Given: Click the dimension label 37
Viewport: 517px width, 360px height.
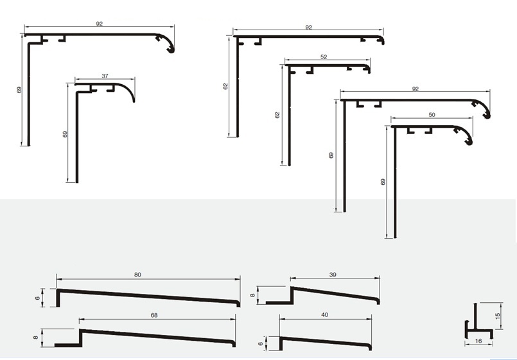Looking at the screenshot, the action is (105, 76).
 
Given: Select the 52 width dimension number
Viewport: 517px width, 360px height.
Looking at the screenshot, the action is (324, 57).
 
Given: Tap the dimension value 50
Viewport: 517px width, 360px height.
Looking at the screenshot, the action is (432, 115).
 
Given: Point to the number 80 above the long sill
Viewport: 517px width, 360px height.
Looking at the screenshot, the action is (137, 275).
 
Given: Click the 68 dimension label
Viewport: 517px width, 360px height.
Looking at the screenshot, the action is (154, 315).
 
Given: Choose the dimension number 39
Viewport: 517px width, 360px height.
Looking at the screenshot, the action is (333, 275).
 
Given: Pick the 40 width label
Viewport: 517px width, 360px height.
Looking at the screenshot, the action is (324, 315).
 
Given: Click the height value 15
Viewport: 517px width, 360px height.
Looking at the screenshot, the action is (498, 316).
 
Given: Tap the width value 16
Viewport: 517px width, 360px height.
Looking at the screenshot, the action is (478, 341).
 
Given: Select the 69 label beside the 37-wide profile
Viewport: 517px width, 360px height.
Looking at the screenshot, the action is (65, 134).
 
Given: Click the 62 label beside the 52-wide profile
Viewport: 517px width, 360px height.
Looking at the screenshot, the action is (277, 115).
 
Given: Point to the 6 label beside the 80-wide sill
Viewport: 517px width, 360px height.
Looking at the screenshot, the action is (37, 298).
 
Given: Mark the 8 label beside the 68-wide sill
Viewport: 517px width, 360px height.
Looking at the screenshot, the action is (35, 338).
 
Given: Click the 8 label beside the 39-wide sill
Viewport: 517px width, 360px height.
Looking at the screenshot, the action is (252, 295).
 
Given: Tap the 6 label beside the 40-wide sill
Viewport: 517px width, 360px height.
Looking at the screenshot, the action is (261, 344).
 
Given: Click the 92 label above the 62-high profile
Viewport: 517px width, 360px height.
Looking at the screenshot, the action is (308, 28).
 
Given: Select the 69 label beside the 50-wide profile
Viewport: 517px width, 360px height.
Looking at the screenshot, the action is (383, 182).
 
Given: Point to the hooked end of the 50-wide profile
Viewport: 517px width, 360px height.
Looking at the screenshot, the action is (469, 142).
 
